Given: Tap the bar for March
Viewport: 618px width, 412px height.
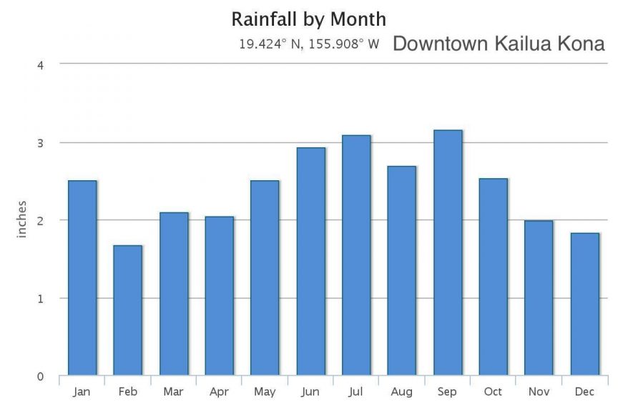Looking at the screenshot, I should point(174,293).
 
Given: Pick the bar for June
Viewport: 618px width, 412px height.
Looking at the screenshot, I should point(311,261).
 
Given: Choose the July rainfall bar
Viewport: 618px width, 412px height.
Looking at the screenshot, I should point(356,255).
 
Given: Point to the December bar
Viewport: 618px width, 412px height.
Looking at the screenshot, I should point(584,304).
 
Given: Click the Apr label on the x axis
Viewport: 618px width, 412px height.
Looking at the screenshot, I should point(220,392).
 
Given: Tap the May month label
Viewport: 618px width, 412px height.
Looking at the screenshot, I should point(265,392).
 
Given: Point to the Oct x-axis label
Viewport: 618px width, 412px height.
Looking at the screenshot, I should point(494,392).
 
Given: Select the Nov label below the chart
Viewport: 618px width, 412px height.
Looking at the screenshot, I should point(539,392).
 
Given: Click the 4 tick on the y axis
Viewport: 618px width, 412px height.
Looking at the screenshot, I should point(41,64).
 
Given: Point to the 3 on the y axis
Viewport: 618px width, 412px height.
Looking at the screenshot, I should point(41,142).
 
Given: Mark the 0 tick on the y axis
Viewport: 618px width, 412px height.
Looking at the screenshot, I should point(41,376).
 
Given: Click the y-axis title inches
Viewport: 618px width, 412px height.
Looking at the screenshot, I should point(21,220).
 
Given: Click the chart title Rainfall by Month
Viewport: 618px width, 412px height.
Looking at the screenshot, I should point(309,19).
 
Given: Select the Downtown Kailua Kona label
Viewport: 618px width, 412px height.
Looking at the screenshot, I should point(499,44).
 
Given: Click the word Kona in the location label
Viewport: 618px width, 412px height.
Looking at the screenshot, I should point(579,44).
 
